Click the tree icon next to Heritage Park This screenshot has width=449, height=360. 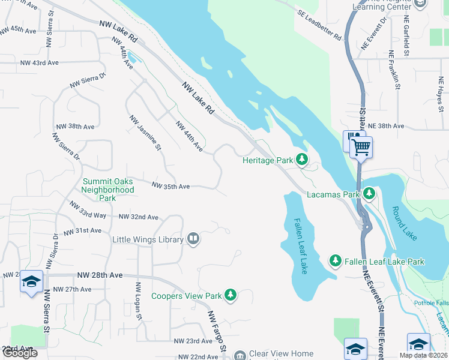(302, 160)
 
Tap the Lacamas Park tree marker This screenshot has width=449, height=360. (369, 194)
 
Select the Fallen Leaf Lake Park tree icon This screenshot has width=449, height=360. (336, 261)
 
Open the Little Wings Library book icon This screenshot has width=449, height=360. (193, 239)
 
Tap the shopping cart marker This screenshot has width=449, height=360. (361, 146)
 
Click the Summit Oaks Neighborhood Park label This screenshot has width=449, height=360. (108, 189)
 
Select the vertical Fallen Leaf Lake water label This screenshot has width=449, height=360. (299, 245)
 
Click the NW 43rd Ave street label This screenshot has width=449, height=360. (39, 63)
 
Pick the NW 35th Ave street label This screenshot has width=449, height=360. (171, 187)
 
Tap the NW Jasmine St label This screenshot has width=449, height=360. (145, 133)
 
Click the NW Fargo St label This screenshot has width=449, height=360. (217, 331)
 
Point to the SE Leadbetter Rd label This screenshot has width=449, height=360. (319, 25)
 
